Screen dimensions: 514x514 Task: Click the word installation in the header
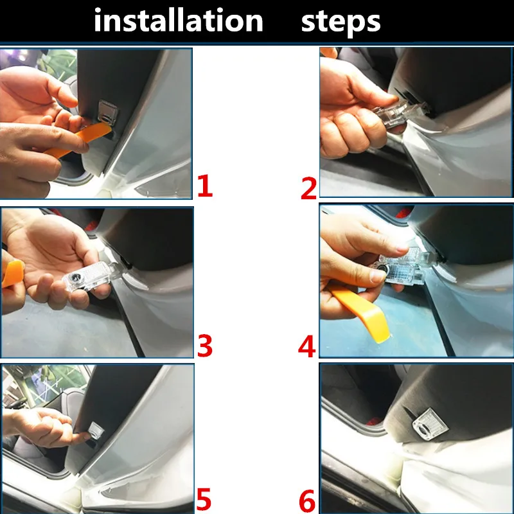click(x=179, y=21)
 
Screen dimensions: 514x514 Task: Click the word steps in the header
click(x=341, y=22)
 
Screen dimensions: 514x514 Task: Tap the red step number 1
click(x=205, y=186)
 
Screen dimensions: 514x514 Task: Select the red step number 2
click(x=309, y=188)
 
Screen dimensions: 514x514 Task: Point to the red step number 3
click(x=205, y=346)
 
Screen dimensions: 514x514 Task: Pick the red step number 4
click(x=307, y=346)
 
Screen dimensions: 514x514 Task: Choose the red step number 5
click(x=204, y=499)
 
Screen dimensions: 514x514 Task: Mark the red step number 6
click(x=307, y=501)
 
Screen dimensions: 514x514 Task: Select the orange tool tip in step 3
click(x=12, y=274)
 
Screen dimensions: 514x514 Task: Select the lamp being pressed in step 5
click(x=96, y=430)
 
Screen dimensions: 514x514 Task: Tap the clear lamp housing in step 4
click(x=402, y=267)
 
